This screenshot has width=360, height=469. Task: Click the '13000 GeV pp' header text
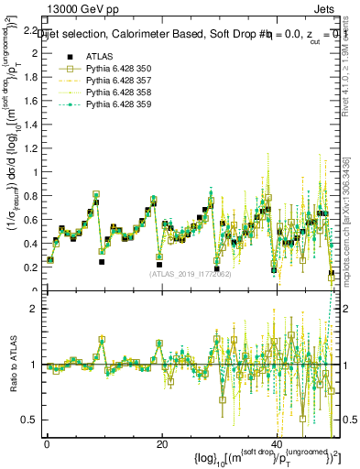pyautogui.click(x=80, y=9)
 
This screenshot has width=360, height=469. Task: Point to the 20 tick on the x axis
pyautogui.click(x=162, y=443)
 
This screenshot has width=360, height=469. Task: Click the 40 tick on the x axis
pyautogui.click(x=277, y=443)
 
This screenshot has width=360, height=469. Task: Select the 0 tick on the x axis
pyautogui.click(x=48, y=443)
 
